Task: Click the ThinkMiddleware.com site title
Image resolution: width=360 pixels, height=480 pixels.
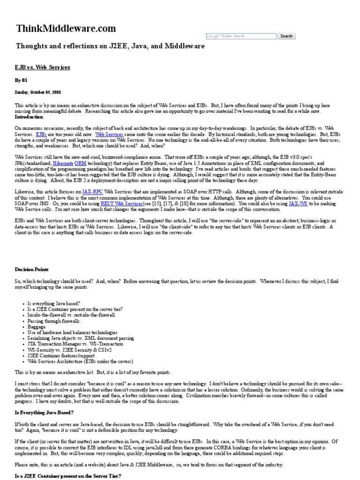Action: point(66,29)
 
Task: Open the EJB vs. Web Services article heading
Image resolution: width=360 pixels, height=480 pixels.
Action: point(42,67)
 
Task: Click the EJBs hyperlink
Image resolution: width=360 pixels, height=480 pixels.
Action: point(41,134)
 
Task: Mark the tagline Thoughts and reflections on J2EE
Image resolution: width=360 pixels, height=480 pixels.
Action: point(110,46)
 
